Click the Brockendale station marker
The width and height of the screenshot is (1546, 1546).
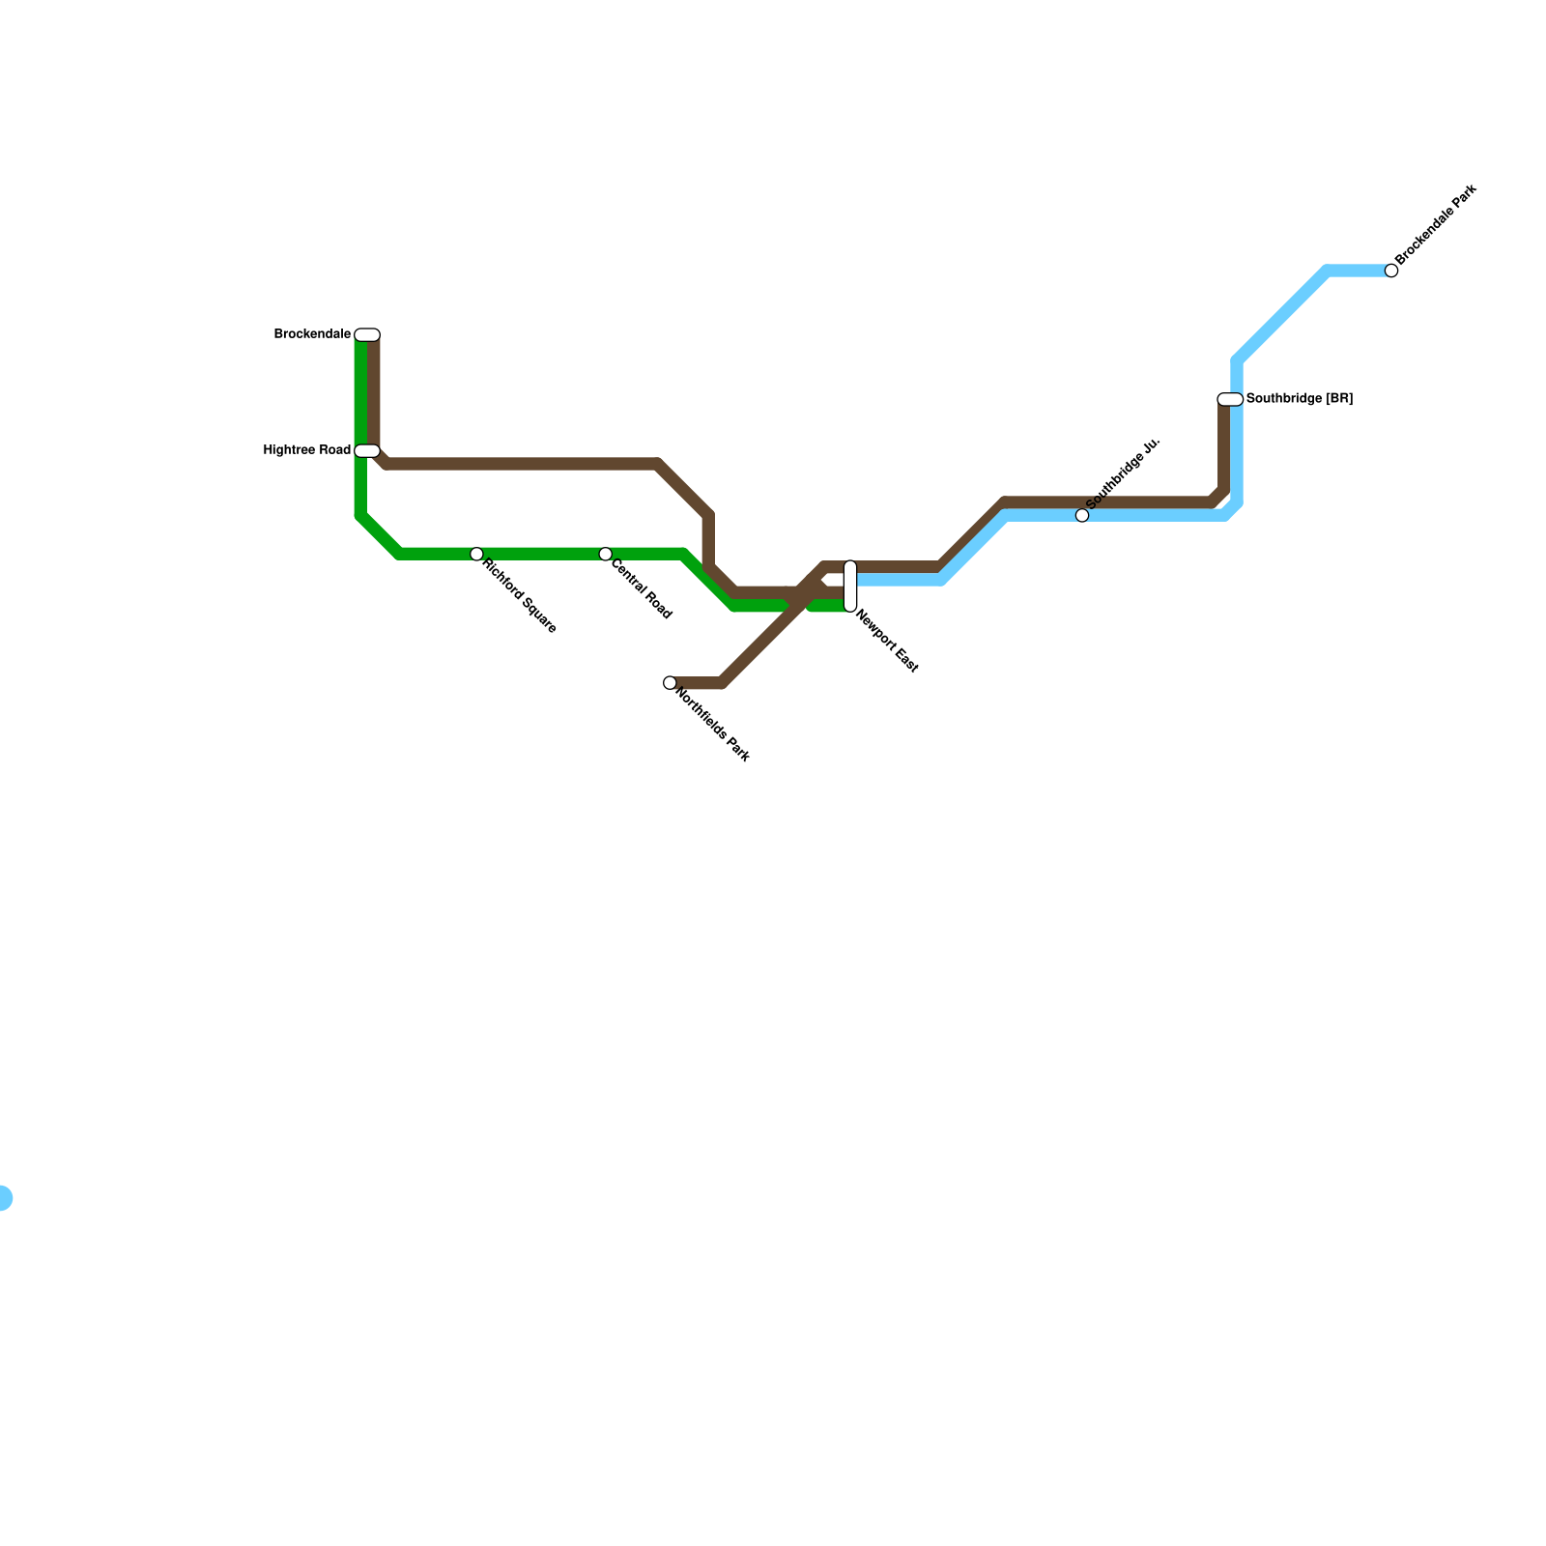click(x=367, y=335)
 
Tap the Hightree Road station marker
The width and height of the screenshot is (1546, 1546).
click(x=367, y=451)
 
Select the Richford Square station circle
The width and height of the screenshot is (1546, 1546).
click(x=476, y=554)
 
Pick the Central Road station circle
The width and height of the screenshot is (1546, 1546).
click(x=605, y=554)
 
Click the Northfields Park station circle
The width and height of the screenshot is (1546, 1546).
click(x=670, y=683)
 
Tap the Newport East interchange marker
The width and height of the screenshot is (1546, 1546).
click(x=850, y=586)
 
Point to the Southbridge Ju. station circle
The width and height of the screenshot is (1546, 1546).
click(x=1082, y=516)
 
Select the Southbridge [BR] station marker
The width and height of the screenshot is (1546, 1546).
click(x=1230, y=399)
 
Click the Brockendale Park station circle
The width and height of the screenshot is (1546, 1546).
click(x=1391, y=271)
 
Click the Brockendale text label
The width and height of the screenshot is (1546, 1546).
click(x=312, y=334)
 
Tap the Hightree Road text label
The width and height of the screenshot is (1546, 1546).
click(x=307, y=450)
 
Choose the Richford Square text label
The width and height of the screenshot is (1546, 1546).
click(x=520, y=596)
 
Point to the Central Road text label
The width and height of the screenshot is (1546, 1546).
click(x=642, y=590)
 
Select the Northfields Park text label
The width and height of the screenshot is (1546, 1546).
click(x=713, y=725)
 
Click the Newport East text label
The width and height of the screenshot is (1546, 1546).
click(x=887, y=642)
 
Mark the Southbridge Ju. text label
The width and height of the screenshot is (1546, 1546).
click(x=1122, y=474)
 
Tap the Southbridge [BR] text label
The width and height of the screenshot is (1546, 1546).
click(x=1300, y=398)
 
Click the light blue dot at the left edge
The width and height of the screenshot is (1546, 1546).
click(x=3, y=1198)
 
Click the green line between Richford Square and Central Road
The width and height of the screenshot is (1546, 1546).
click(x=541, y=554)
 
